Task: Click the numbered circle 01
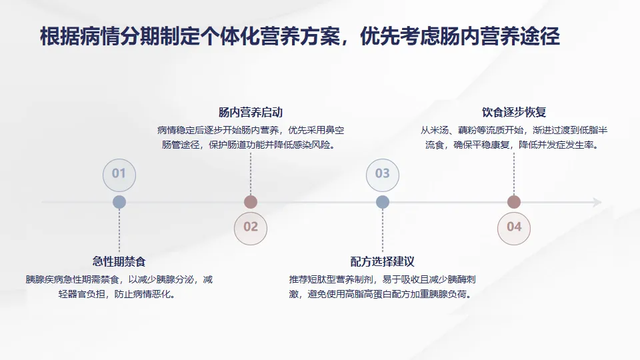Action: [x=119, y=174]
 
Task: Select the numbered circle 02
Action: [x=250, y=227]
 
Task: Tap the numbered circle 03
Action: [x=382, y=174]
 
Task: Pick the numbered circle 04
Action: [x=514, y=227]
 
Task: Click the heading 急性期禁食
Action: [x=119, y=261]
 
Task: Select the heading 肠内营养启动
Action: [x=250, y=113]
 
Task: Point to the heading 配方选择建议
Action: [x=382, y=261]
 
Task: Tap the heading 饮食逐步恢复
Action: [x=514, y=113]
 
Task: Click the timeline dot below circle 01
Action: [x=119, y=202]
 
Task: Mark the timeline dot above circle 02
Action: [x=250, y=202]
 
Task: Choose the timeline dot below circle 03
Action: [x=382, y=202]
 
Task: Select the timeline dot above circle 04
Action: [x=514, y=202]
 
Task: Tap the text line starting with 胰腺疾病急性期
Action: [x=119, y=279]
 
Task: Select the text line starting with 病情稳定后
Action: [x=250, y=130]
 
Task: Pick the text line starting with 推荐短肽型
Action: [x=382, y=279]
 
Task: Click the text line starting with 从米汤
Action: [x=514, y=130]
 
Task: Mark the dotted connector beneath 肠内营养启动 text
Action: [x=250, y=173]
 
